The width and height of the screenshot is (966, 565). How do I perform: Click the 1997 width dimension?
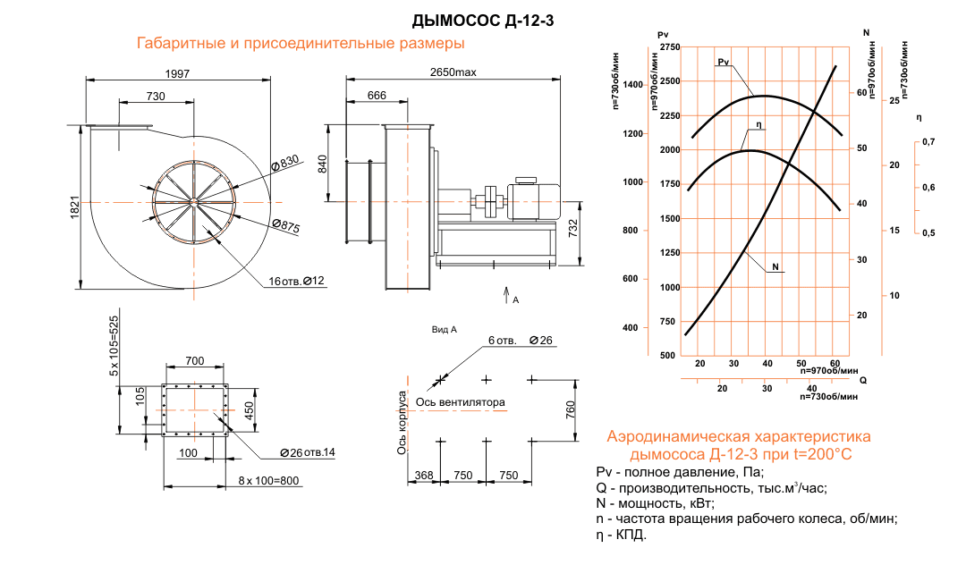coord(178,73)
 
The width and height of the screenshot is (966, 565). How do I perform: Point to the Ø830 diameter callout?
coord(284,163)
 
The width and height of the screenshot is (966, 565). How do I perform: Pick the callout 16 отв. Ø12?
coord(296,282)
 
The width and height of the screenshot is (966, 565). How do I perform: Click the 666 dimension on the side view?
coord(377,96)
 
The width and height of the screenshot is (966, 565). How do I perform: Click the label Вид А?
coord(445,330)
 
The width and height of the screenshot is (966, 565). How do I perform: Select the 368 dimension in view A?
coord(424,476)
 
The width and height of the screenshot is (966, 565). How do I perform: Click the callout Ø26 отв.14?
coord(306,451)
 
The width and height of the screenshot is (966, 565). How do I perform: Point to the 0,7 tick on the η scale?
coord(928,142)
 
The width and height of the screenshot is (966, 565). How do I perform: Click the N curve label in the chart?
coord(776,266)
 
